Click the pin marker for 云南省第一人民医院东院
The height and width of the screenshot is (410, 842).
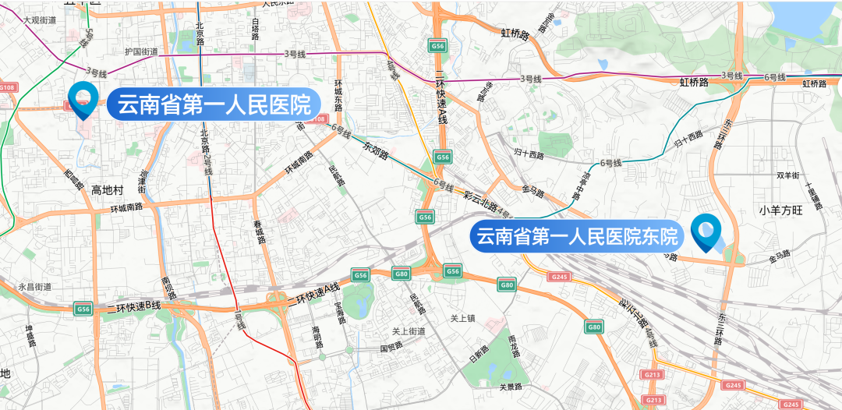click(707, 232)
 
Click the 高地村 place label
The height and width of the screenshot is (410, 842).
click(108, 190)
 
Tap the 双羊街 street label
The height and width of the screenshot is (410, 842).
click(789, 175)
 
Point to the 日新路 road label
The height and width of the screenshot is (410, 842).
click(477, 354)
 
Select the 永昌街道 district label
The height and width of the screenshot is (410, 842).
click(34, 287)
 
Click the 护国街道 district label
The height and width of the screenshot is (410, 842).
click(141, 52)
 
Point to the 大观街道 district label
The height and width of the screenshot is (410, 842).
click(39, 19)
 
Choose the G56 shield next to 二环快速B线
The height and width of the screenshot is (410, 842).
click(83, 309)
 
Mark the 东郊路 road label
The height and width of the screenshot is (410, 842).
click(375, 150)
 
